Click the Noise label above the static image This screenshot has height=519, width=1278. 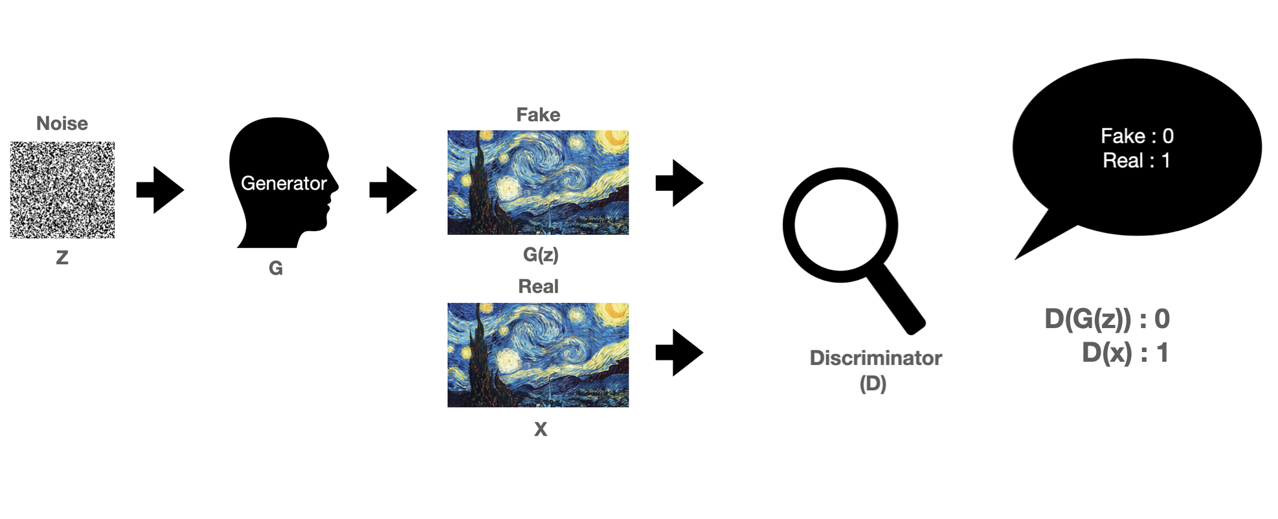62,123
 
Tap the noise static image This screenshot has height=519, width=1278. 62,190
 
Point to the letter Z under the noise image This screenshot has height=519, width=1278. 62,258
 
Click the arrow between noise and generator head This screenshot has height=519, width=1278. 160,190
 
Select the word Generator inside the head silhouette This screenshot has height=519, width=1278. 284,183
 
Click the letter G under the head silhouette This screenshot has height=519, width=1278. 276,268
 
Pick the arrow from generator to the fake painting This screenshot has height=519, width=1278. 393,190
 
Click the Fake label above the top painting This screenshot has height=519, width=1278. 538,115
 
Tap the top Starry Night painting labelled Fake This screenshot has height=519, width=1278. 538,182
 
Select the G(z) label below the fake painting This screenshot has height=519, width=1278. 541,254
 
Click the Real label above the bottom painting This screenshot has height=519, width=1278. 538,286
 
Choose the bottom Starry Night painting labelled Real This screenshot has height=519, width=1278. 538,355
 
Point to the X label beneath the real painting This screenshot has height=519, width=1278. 541,429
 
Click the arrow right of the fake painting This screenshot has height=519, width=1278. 679,183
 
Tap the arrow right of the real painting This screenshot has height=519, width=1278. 679,353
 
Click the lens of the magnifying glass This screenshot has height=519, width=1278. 840,225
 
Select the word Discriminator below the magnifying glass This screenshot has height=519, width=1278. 875,358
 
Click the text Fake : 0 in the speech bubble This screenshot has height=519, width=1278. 1137,136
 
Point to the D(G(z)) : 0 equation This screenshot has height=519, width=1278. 1107,319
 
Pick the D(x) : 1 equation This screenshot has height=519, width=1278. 1125,353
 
